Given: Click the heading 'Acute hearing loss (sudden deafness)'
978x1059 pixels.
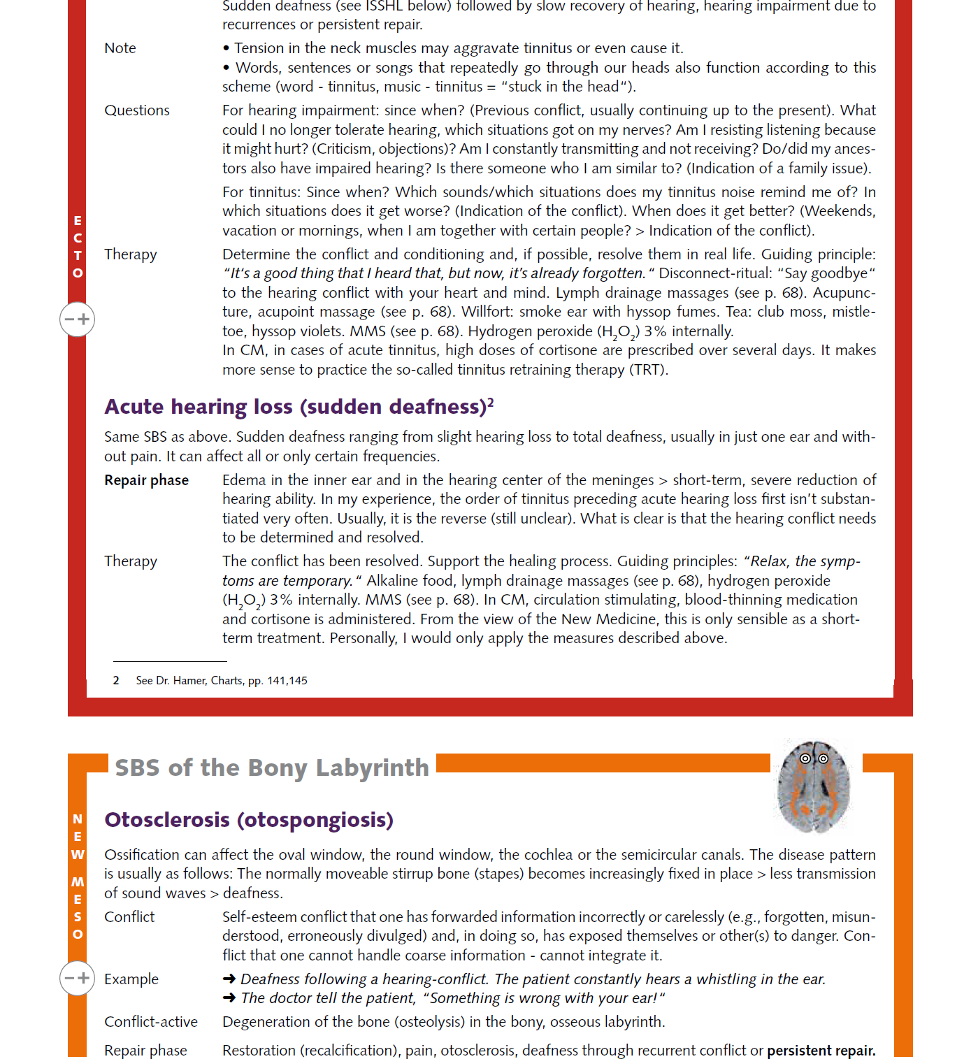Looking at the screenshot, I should [294, 407].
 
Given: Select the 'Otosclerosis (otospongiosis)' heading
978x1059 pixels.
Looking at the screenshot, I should [248, 819].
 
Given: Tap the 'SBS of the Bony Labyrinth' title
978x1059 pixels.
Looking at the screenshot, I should [271, 768].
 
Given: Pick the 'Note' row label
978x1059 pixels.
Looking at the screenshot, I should [120, 48].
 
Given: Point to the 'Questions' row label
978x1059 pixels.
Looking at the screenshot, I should [137, 110].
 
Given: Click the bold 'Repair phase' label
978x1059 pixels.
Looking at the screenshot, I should [146, 480].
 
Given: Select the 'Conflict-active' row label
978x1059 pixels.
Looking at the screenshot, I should [151, 1022].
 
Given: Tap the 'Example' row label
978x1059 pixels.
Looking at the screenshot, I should [131, 979].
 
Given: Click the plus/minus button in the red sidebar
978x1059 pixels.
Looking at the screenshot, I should [77, 319].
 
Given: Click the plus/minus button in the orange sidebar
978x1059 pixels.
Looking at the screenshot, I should [77, 978].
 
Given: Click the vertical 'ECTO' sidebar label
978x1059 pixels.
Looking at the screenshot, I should [78, 247].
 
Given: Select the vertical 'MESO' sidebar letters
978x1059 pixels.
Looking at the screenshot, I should [78, 908].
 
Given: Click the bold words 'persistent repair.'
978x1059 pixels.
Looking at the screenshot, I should [821, 1051].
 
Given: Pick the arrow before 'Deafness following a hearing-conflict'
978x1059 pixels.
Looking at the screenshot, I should [229, 979].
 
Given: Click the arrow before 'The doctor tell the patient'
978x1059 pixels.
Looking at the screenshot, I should [229, 998].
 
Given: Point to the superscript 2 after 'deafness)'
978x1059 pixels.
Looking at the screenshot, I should [491, 402].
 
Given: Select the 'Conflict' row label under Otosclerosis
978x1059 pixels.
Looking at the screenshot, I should [129, 917].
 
